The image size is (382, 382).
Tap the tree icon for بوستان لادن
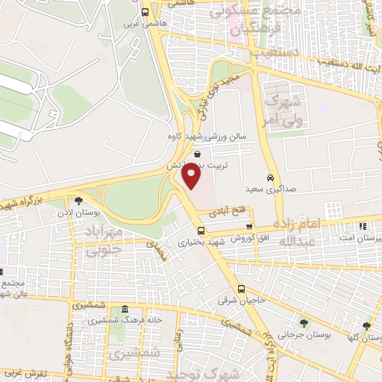(78, 200)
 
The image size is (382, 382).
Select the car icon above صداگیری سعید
(269, 178)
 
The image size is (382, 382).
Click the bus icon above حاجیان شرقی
(241, 289)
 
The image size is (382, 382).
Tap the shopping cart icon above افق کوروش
(249, 228)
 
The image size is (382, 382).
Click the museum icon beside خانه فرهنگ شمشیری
(124, 309)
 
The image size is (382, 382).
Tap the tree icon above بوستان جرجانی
(303, 323)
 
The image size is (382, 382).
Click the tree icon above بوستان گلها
(366, 325)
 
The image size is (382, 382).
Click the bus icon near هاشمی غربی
(145, 12)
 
